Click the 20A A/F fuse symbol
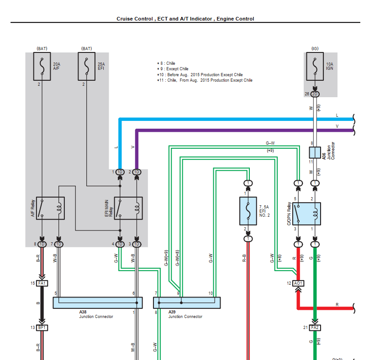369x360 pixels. click(x=42, y=67)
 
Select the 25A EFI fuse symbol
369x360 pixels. click(x=86, y=67)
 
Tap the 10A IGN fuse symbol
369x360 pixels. click(x=315, y=67)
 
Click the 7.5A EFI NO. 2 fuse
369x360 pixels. click(x=248, y=211)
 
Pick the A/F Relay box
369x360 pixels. click(x=50, y=208)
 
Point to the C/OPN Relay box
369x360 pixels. click(x=306, y=211)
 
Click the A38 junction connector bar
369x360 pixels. click(x=98, y=303)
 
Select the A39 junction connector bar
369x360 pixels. click(x=186, y=303)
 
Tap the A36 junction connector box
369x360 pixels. click(x=315, y=152)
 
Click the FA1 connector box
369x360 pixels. click(x=42, y=283)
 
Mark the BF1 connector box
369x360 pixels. click(x=42, y=328)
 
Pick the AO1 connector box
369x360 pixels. click(x=298, y=283)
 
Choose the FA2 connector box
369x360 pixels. click(x=315, y=328)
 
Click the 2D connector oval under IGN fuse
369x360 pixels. click(x=315, y=94)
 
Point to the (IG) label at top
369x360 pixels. click(x=315, y=48)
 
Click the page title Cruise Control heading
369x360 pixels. click(x=185, y=19)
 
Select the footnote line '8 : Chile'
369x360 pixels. click(x=167, y=63)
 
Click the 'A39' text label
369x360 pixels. click(x=172, y=312)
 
